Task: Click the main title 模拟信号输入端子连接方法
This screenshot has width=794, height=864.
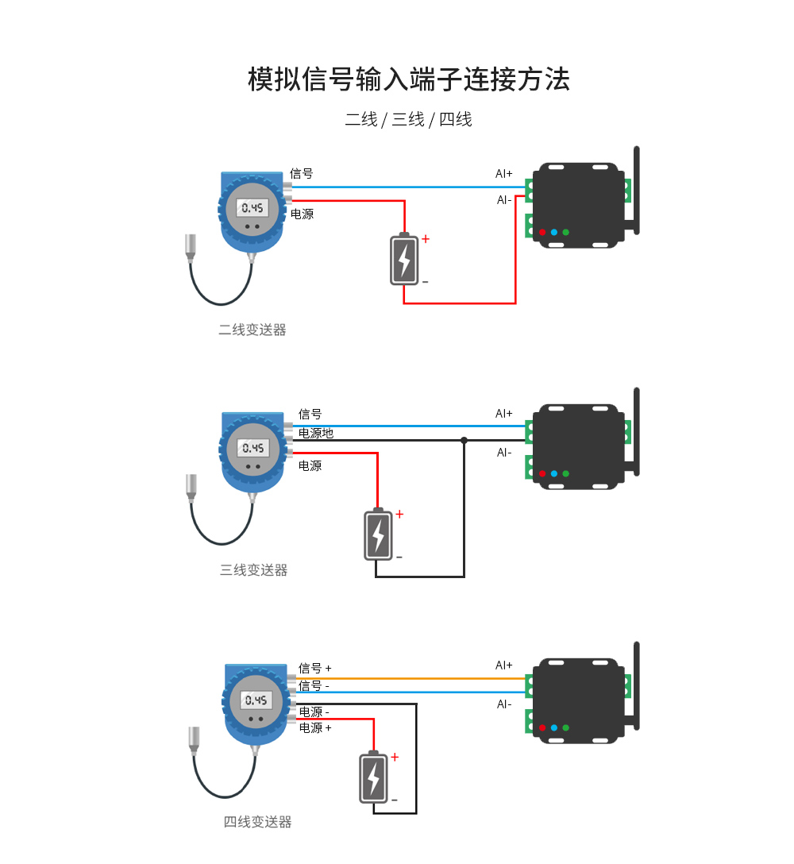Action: (408, 79)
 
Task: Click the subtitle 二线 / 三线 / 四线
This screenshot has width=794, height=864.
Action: (408, 120)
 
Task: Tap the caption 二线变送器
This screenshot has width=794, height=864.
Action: (252, 330)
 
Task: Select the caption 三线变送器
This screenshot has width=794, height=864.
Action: (253, 570)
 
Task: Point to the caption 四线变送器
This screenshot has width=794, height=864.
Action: (257, 822)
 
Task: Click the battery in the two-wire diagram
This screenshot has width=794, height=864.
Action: (404, 259)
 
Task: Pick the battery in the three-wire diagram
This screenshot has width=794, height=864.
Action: (378, 534)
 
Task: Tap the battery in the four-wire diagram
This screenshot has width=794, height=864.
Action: (373, 777)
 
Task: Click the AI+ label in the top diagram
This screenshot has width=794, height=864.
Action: (504, 173)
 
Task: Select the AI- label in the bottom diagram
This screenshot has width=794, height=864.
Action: (504, 704)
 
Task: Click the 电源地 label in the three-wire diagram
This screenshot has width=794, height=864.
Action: (316, 434)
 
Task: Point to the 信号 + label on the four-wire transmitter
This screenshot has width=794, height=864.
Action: (315, 669)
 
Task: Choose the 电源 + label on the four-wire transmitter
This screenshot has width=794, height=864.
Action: (315, 727)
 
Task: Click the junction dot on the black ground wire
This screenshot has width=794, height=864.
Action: (464, 440)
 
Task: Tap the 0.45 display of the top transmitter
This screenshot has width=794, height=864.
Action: (252, 208)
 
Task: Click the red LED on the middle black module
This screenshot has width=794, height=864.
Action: (542, 473)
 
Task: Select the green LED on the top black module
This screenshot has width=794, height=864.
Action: (565, 233)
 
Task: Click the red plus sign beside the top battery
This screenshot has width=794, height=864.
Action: (426, 239)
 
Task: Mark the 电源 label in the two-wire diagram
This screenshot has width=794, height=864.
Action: (302, 214)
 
